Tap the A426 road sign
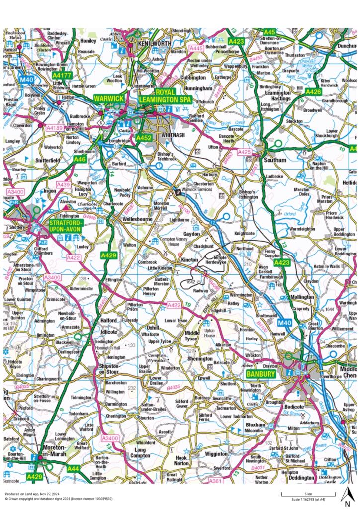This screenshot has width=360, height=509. (313, 92)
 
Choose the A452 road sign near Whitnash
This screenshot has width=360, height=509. (144, 137)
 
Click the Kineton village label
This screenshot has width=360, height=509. (189, 260)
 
